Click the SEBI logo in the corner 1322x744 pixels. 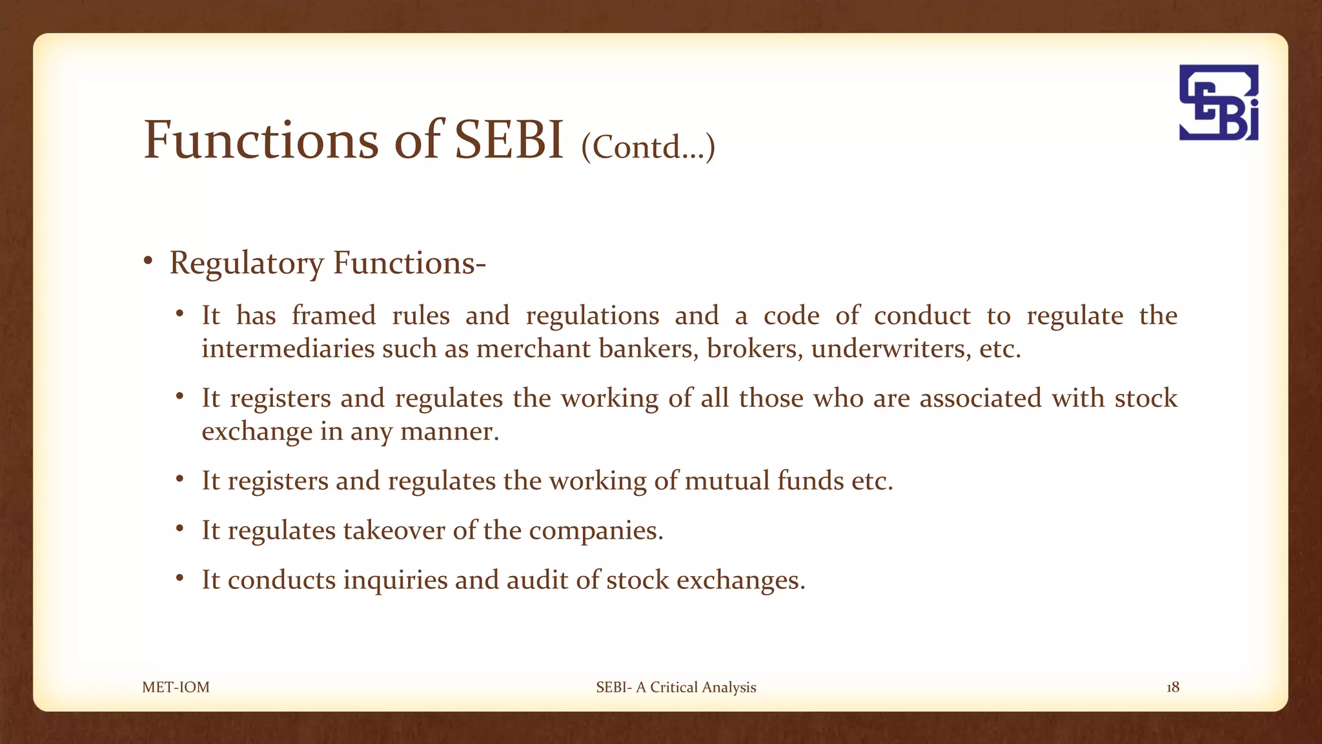point(1219,103)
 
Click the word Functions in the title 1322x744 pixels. point(261,140)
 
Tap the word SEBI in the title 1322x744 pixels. point(509,140)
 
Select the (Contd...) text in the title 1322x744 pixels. point(648,147)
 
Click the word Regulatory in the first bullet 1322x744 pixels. point(247,263)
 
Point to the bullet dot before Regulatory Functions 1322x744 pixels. point(148,261)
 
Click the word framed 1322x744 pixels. point(333,316)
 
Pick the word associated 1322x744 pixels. point(981,398)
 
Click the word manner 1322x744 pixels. point(449,431)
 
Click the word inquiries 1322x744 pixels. point(395,580)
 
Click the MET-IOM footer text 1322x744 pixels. point(176,687)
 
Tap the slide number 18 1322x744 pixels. point(1172,687)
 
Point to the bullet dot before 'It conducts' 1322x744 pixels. point(180,577)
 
